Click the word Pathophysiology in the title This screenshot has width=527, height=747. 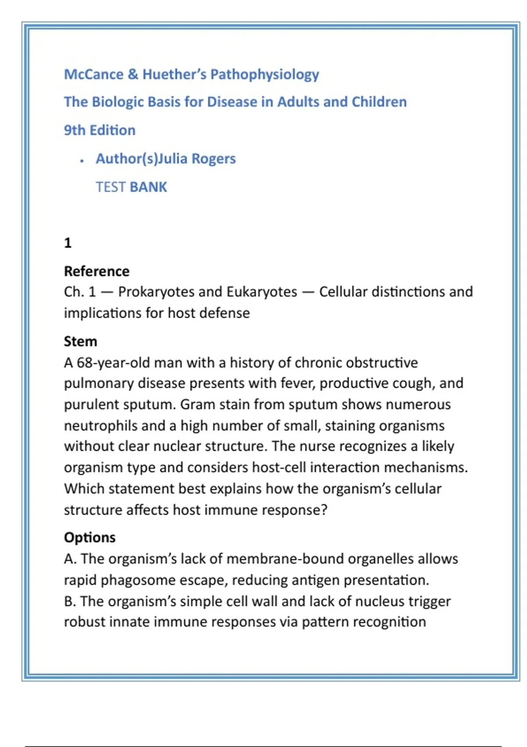pyautogui.click(x=265, y=75)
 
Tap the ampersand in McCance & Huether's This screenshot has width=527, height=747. pyautogui.click(x=133, y=74)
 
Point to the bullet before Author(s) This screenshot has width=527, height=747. pyautogui.click(x=82, y=161)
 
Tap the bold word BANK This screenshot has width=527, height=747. pyautogui.click(x=148, y=187)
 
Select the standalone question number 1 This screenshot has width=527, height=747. pyautogui.click(x=68, y=243)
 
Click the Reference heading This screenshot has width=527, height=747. pyautogui.click(x=97, y=272)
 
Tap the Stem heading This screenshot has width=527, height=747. pyautogui.click(x=80, y=341)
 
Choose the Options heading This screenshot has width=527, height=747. pyautogui.click(x=90, y=537)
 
